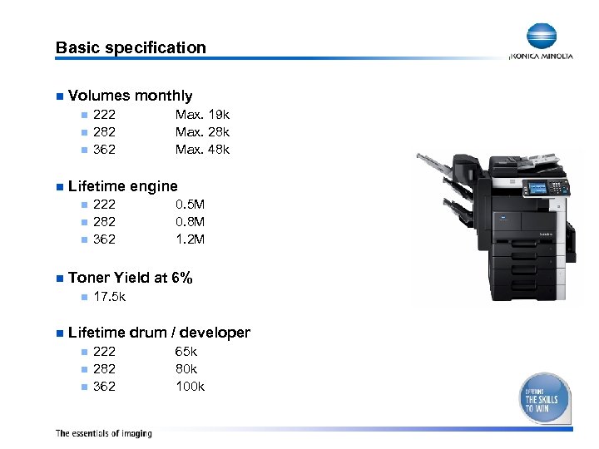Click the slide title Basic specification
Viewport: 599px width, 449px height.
pyautogui.click(x=131, y=47)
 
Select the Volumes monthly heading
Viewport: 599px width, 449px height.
pyautogui.click(x=130, y=96)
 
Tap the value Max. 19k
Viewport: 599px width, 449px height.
pyautogui.click(x=202, y=115)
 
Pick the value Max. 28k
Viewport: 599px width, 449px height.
pyautogui.click(x=202, y=132)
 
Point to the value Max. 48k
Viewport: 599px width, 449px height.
pyautogui.click(x=202, y=150)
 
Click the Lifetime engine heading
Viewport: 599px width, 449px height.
pyautogui.click(x=122, y=185)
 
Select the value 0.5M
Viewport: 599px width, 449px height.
pyautogui.click(x=191, y=205)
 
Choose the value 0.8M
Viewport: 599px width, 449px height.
pyautogui.click(x=191, y=222)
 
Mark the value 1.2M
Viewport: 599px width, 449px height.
pyautogui.click(x=191, y=239)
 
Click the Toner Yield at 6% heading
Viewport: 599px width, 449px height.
pyautogui.click(x=130, y=277)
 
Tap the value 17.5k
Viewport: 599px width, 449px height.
pyautogui.click(x=110, y=296)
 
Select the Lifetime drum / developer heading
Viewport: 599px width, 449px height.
pyautogui.click(x=159, y=333)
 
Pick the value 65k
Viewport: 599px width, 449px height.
pyautogui.click(x=186, y=352)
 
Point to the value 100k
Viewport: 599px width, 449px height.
pyautogui.click(x=191, y=387)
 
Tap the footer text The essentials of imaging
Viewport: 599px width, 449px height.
pyautogui.click(x=103, y=433)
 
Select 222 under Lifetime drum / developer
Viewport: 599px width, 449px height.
pyautogui.click(x=105, y=352)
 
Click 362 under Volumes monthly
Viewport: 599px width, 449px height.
pyautogui.click(x=105, y=150)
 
